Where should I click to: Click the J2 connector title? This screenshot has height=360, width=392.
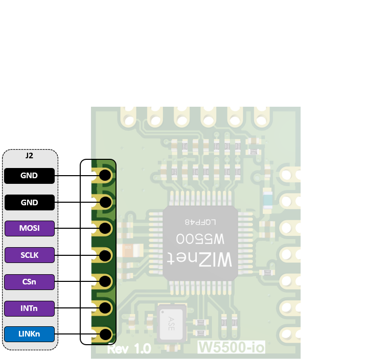click(29, 155)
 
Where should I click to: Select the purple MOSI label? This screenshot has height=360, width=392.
click(29, 229)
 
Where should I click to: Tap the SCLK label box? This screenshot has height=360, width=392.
click(29, 255)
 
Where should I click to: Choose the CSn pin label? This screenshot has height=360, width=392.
click(29, 282)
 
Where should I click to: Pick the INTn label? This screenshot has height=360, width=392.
click(29, 308)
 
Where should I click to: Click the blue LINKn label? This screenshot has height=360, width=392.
click(29, 334)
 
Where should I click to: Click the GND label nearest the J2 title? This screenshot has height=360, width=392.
click(29, 176)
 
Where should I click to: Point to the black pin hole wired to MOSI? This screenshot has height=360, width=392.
click(105, 229)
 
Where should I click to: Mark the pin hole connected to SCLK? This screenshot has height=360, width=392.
click(105, 255)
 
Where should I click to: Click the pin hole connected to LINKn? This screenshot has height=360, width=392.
click(105, 335)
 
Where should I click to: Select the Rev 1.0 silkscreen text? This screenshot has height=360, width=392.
click(128, 349)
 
